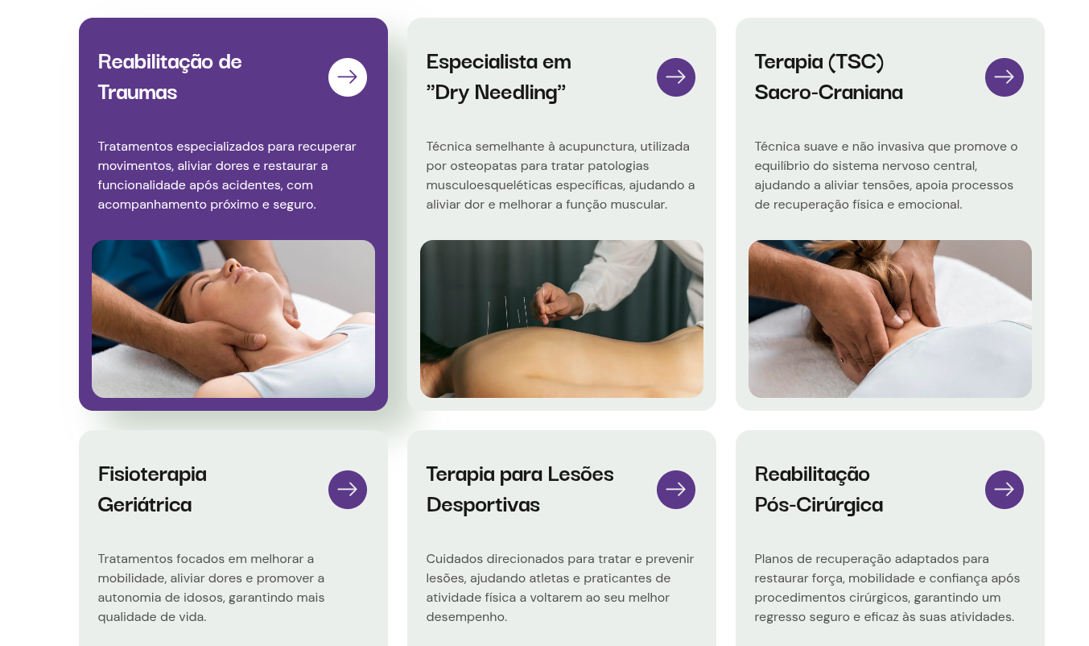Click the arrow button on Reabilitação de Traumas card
coord(348,77)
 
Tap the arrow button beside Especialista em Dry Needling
coord(676,77)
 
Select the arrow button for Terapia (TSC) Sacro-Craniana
coord(1004,77)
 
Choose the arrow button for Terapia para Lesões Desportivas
coord(676,490)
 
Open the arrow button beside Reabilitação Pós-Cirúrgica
coord(1004,490)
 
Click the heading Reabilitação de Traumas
coord(170,77)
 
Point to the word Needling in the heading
coord(520,93)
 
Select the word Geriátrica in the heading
coord(145,504)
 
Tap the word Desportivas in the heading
coord(483,505)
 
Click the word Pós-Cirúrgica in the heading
coord(819,505)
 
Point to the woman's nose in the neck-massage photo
coord(233,266)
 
